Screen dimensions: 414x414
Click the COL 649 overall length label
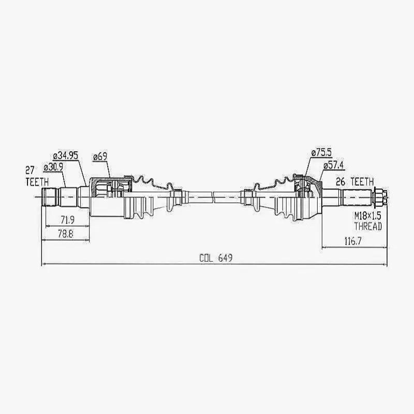(215, 258)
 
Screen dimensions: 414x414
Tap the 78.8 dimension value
(65, 234)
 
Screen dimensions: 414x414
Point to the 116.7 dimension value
(354, 242)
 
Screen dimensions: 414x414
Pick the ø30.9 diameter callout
(54, 168)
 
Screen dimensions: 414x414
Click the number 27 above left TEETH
(31, 170)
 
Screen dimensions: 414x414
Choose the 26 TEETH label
(354, 182)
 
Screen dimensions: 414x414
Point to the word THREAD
(368, 226)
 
